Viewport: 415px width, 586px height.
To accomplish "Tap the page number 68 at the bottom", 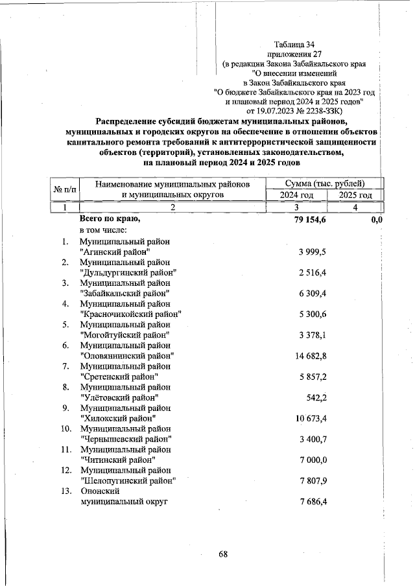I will click(222, 554).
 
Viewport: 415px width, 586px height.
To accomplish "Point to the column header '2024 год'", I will click(296, 195).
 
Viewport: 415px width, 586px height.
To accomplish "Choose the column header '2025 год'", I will click(355, 195).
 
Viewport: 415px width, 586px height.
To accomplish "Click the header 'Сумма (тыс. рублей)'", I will click(325, 183).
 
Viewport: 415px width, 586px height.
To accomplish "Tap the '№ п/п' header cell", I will click(64, 189).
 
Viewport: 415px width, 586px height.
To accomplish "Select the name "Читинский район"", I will click(117, 459).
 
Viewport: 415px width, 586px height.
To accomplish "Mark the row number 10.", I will click(65, 428).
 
